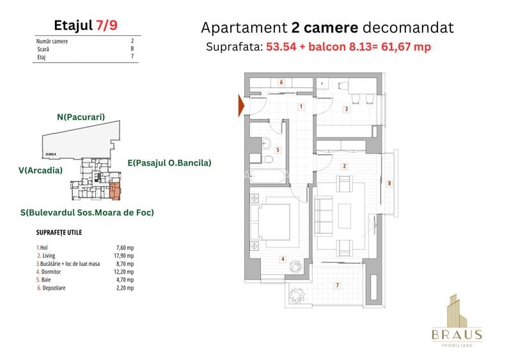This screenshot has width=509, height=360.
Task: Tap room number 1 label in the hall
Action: click(301, 107)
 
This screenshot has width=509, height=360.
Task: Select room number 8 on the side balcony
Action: click(389, 184)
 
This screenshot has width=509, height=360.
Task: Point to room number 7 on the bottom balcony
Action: click(337, 285)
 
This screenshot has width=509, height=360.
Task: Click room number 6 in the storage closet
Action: click(281, 82)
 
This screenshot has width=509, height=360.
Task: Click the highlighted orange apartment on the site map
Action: click(115, 190)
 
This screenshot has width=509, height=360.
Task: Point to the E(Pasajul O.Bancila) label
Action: click(169, 163)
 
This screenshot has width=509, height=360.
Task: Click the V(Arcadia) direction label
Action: click(40, 170)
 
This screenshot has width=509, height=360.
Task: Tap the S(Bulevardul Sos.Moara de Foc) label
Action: click(86, 212)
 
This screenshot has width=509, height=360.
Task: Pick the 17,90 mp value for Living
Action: click(126, 255)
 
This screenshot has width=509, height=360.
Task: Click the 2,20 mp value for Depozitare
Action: click(126, 288)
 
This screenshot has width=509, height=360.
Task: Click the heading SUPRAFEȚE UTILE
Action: click(59, 233)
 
